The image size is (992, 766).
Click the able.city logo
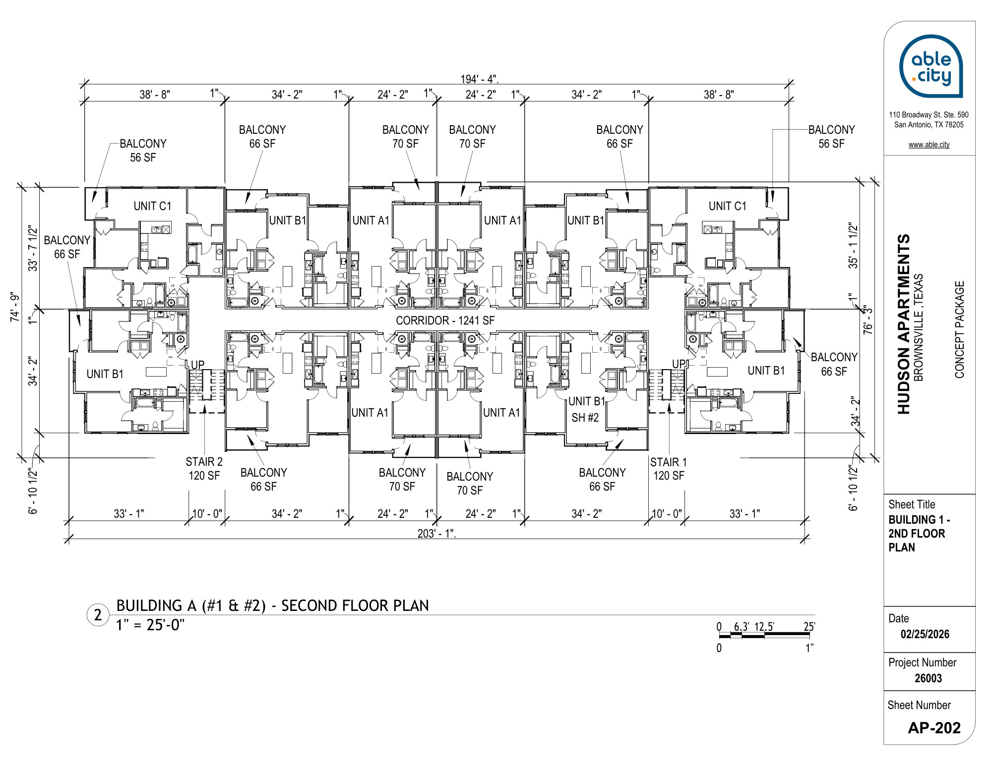[931, 66]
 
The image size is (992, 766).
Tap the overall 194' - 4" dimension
[479, 79]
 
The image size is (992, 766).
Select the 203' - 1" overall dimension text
[436, 534]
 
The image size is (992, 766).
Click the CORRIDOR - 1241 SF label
[445, 321]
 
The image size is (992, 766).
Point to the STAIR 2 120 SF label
[204, 469]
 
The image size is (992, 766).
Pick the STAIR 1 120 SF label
[669, 469]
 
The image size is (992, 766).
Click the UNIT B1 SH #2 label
[586, 409]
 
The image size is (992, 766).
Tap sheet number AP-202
[934, 728]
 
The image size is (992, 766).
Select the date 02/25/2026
[925, 634]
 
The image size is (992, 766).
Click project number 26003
[928, 678]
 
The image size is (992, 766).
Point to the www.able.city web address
[929, 145]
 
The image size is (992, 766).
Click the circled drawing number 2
[98, 615]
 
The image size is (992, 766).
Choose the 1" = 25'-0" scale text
[150, 625]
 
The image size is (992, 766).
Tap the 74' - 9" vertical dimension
[15, 308]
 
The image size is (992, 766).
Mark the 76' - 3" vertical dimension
[868, 320]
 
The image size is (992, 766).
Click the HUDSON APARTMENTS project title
[904, 324]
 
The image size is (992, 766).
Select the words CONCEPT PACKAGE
[959, 330]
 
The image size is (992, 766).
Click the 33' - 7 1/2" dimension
[33, 248]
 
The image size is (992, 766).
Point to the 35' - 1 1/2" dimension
[853, 245]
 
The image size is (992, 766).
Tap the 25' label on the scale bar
[809, 627]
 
